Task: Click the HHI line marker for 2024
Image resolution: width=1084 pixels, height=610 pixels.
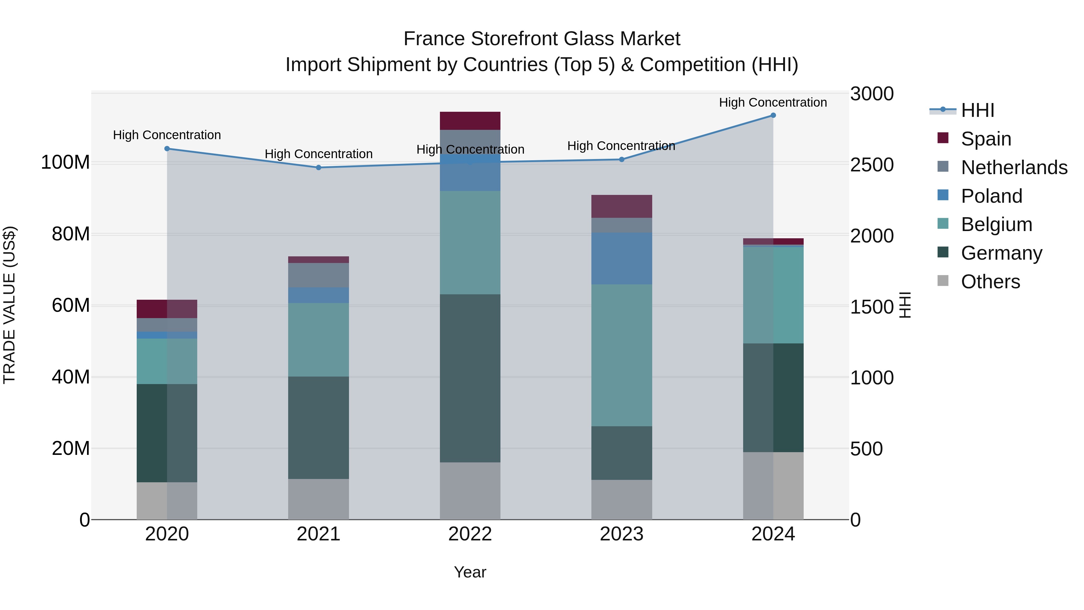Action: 773,115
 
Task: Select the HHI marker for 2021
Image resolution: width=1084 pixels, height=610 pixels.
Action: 319,167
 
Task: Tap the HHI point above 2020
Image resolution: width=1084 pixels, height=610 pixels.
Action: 167,149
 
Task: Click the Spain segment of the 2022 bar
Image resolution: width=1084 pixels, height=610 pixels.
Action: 470,121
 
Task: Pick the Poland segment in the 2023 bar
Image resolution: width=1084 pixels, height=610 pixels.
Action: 621,258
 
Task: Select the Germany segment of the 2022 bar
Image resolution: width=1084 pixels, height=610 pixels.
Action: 470,378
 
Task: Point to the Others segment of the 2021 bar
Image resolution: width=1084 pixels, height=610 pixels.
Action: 319,499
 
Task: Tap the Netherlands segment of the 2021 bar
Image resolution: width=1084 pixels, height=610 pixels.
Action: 319,275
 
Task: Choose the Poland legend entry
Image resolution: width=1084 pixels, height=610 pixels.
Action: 992,196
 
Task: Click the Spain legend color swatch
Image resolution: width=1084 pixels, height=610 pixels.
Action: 943,138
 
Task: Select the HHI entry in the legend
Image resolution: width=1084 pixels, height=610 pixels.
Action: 977,110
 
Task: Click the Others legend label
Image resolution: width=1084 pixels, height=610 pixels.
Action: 991,282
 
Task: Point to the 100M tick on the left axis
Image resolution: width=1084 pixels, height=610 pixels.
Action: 66,162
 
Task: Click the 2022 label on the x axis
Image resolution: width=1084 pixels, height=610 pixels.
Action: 470,534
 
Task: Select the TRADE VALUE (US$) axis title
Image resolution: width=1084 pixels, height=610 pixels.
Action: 10,305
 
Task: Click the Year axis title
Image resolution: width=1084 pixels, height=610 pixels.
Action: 470,572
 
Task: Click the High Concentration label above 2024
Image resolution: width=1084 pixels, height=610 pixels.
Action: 773,102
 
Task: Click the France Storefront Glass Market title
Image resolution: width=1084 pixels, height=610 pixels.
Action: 542,39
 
